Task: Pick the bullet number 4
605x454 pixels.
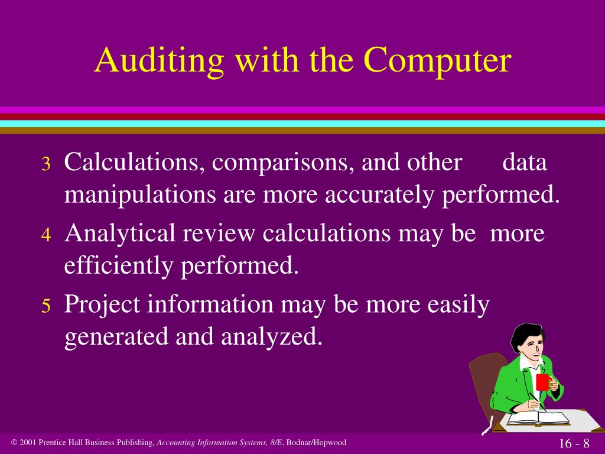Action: point(47,235)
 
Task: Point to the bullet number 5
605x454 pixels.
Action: point(47,306)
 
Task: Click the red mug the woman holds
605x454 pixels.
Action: point(542,382)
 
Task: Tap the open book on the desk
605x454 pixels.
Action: point(538,418)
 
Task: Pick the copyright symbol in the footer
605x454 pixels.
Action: point(14,443)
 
